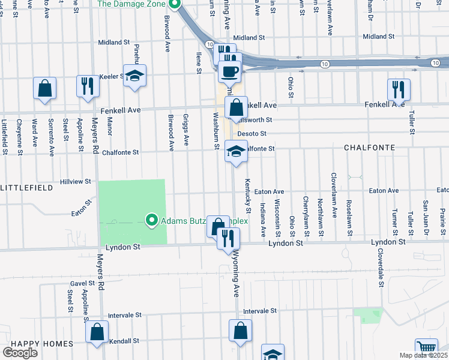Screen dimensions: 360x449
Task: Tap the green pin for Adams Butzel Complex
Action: pyautogui.click(x=151, y=221)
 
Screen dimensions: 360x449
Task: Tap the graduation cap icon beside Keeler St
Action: pyautogui.click(x=135, y=76)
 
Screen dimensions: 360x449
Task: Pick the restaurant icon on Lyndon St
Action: pyautogui.click(x=228, y=239)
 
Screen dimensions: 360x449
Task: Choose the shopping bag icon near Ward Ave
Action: pyautogui.click(x=45, y=89)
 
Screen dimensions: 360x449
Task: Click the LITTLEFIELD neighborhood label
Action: pyautogui.click(x=26, y=188)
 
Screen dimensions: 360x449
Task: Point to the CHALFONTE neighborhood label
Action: pyautogui.click(x=369, y=148)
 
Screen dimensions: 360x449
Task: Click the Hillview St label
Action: pyautogui.click(x=76, y=181)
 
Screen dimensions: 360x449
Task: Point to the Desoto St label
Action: pyautogui.click(x=252, y=133)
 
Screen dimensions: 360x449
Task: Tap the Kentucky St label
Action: pyautogui.click(x=247, y=193)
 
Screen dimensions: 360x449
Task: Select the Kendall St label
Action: pyautogui.click(x=124, y=340)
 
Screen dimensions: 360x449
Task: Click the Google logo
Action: pyautogui.click(x=20, y=353)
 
